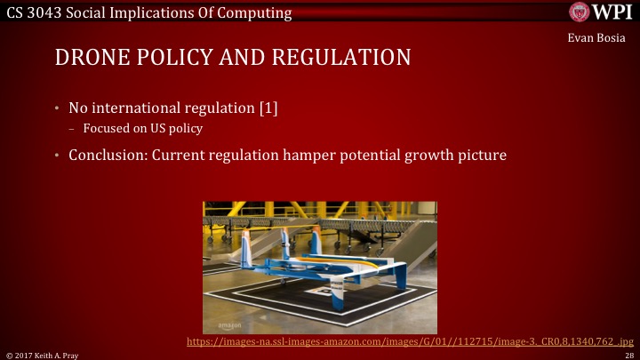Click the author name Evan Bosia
pos(598,39)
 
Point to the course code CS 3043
pos(33,12)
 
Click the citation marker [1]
pos(268,109)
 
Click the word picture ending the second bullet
pos(480,156)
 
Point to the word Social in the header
pos(92,12)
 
